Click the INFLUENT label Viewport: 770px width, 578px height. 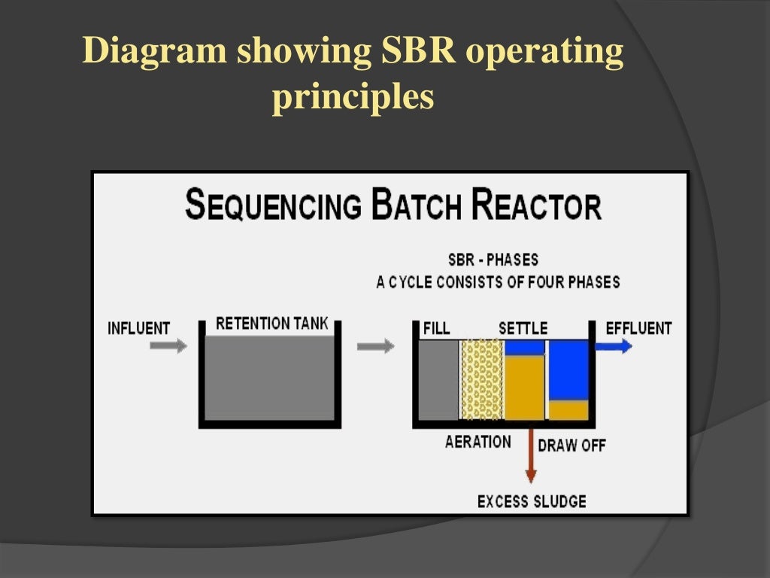click(139, 329)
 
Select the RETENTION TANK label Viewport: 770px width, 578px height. click(272, 324)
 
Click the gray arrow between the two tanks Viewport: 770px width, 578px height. click(374, 346)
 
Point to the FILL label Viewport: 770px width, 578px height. click(437, 329)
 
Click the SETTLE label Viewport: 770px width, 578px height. click(523, 329)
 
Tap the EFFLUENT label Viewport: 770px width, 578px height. click(638, 329)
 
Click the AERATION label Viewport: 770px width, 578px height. click(478, 442)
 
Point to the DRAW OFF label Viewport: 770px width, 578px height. click(571, 445)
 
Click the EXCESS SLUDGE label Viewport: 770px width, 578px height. click(532, 501)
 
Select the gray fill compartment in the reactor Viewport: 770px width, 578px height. click(438, 379)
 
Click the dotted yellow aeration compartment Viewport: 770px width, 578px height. click(481, 379)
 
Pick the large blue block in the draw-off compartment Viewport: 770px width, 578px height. click(568, 370)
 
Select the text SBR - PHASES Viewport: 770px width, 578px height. click(493, 260)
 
